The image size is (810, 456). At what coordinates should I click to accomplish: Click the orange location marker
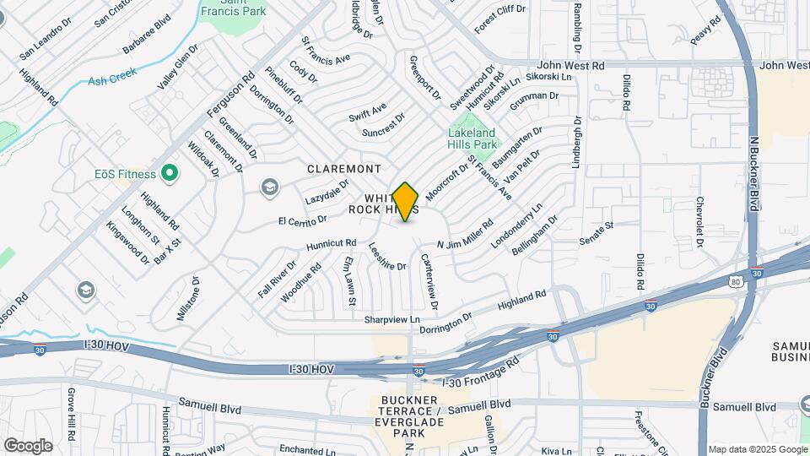(406, 201)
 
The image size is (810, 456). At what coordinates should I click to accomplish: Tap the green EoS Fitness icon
(169, 174)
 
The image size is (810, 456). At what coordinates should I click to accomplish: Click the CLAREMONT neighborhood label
(344, 169)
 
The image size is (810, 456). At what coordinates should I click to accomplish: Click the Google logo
(28, 445)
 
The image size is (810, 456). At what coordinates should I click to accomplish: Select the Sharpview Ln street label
(391, 319)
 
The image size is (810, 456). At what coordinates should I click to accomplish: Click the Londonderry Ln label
(516, 228)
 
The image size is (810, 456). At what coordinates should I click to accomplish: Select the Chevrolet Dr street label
(699, 224)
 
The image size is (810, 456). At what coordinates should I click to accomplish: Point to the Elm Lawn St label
(348, 282)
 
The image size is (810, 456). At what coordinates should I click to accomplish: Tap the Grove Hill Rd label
(73, 414)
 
